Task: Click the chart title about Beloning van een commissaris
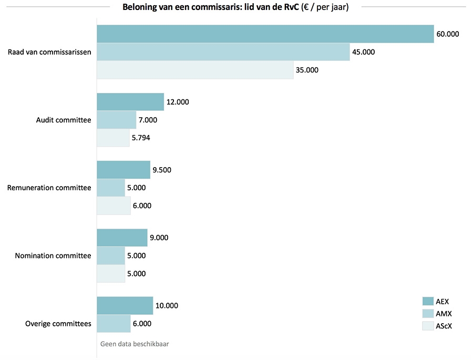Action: point(235,7)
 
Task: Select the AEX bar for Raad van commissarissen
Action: point(265,34)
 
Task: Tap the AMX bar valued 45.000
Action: point(223,52)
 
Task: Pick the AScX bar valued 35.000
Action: point(195,70)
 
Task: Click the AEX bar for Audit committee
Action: point(130,102)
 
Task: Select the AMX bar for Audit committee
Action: point(116,120)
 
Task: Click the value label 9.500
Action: point(162,170)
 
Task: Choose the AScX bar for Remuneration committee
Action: point(114,205)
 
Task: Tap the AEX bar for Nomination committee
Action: point(122,238)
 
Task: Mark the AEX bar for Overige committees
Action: point(125,305)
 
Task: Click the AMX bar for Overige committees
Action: point(114,324)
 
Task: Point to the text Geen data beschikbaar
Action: point(134,344)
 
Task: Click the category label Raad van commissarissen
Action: point(49,52)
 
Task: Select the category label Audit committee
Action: point(63,120)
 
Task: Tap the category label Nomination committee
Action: point(53,256)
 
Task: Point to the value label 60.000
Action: point(447,34)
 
